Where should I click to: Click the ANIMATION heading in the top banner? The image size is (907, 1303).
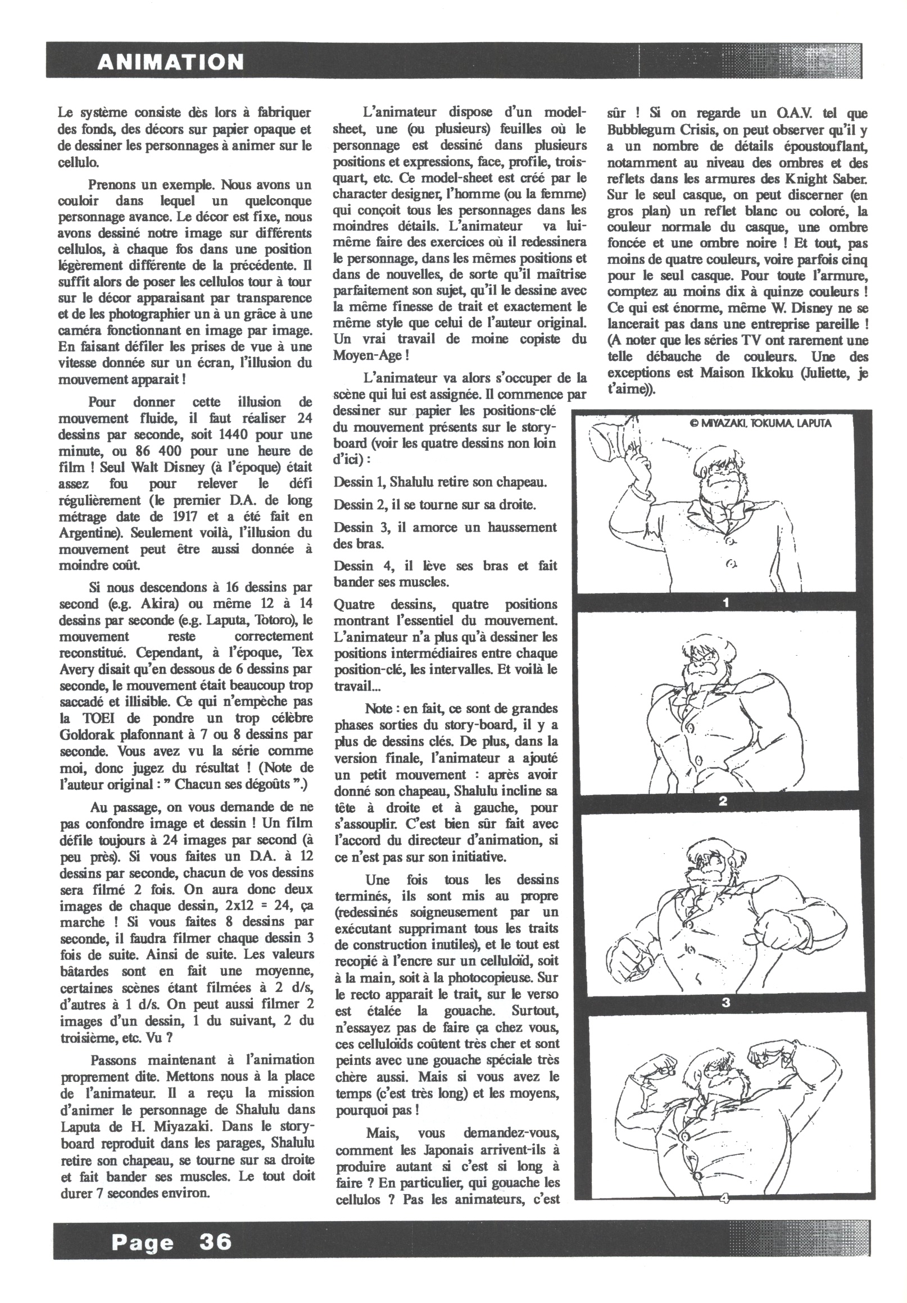pos(170,61)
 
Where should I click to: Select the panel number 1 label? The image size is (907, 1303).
pos(725,603)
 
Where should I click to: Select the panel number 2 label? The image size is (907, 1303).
pos(723,801)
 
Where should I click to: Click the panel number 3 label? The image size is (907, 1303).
pos(725,1002)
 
